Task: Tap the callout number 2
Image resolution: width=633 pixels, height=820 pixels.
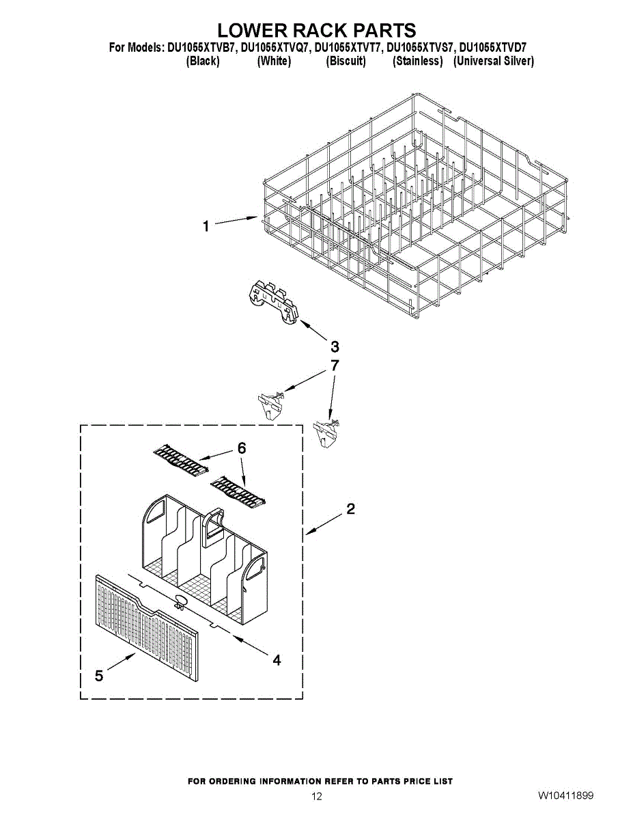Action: [350, 509]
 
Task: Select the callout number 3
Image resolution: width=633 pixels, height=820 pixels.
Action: [335, 346]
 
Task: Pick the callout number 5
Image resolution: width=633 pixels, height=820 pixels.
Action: [99, 676]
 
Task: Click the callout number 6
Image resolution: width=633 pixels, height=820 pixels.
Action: [241, 448]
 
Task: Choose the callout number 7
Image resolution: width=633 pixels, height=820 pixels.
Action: [335, 366]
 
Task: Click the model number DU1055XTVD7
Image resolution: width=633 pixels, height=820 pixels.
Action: [493, 48]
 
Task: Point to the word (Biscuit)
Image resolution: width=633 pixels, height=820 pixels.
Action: [346, 61]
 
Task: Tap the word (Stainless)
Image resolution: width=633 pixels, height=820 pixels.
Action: [418, 61]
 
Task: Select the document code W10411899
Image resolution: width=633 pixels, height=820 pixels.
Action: [566, 796]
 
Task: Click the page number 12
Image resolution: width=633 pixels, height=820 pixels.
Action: [316, 796]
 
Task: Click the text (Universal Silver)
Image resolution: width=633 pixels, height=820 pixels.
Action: [494, 61]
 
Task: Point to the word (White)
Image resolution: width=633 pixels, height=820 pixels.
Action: [274, 61]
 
